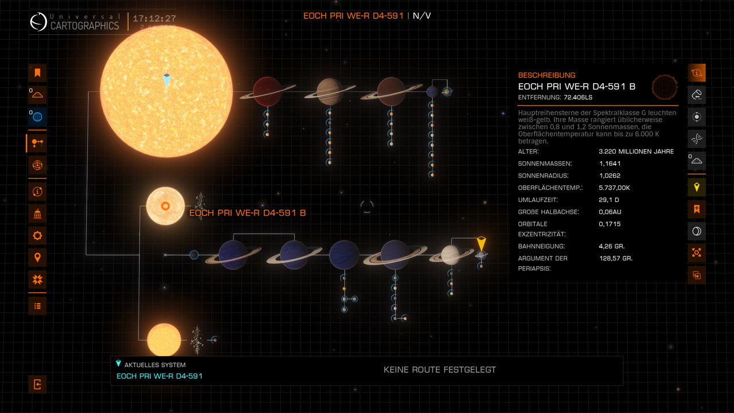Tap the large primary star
(x=166, y=91)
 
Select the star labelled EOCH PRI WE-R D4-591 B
(x=165, y=206)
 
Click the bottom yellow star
(x=164, y=340)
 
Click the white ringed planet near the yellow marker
(x=450, y=255)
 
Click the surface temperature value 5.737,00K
(x=614, y=188)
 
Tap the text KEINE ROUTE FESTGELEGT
(x=439, y=370)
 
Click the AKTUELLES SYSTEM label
(x=155, y=365)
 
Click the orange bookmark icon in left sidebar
(x=37, y=73)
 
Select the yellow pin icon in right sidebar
(x=697, y=187)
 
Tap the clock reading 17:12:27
(x=154, y=19)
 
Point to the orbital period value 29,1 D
(x=608, y=200)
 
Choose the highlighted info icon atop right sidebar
(x=697, y=73)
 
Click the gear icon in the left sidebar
(x=37, y=235)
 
